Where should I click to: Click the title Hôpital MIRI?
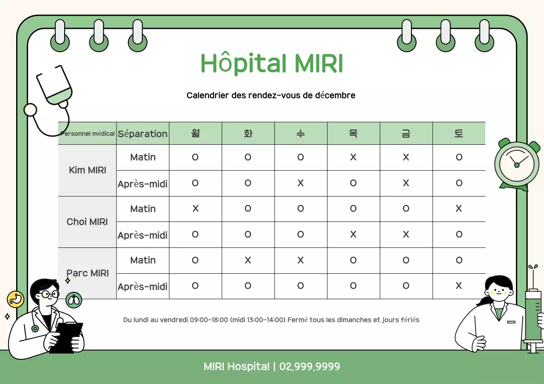pyautogui.click(x=272, y=64)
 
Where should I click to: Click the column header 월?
pyautogui.click(x=195, y=134)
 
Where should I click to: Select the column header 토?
pyautogui.click(x=459, y=134)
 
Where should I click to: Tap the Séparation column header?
pyautogui.click(x=143, y=134)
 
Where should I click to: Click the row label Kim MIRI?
pyautogui.click(x=87, y=170)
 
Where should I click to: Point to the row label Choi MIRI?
pyautogui.click(x=87, y=222)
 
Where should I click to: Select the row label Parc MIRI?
pyautogui.click(x=87, y=273)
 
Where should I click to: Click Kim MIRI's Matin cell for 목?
pyautogui.click(x=353, y=157)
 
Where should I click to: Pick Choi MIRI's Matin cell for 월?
pyautogui.click(x=195, y=209)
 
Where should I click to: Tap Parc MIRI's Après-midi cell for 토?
pyautogui.click(x=459, y=286)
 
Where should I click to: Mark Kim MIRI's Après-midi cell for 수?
pyautogui.click(x=300, y=183)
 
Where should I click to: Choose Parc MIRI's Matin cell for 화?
pyautogui.click(x=248, y=260)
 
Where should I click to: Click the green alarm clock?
pyautogui.click(x=517, y=165)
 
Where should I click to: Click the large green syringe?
pyautogui.click(x=533, y=316)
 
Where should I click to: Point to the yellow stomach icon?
pyautogui.click(x=15, y=299)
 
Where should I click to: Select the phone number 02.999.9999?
pyautogui.click(x=309, y=367)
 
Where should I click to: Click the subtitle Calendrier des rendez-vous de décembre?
pyautogui.click(x=271, y=95)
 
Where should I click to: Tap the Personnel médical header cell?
pyautogui.click(x=88, y=134)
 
